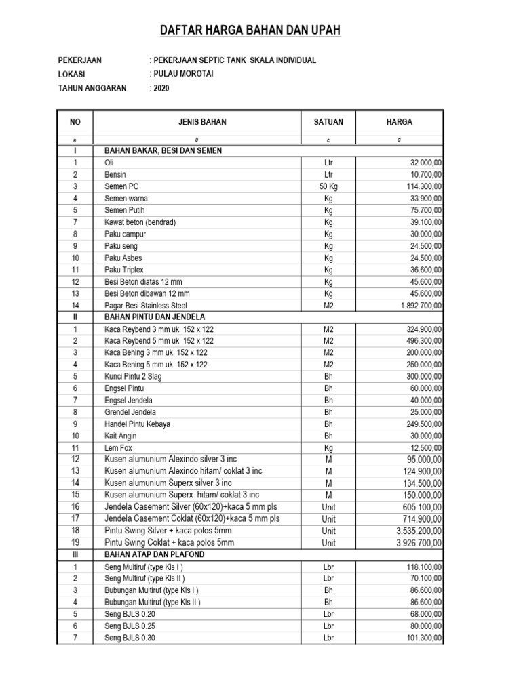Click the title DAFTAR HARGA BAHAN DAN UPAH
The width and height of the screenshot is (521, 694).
coord(250,30)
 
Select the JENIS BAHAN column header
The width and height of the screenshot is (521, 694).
coord(198,122)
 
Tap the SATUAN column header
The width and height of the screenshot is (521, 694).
coord(328,122)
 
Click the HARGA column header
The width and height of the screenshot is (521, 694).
coord(400,122)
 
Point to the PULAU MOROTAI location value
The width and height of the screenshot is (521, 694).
coord(182,74)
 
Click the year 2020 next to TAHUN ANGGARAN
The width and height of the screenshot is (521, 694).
coord(160,88)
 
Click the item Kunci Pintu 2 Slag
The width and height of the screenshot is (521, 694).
coord(133,376)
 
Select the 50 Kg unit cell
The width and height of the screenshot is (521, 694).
coord(328,186)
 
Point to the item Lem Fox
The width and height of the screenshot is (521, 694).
coord(118,447)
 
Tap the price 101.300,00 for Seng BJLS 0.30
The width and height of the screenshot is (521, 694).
coord(420,638)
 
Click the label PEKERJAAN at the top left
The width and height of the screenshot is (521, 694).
coord(80,60)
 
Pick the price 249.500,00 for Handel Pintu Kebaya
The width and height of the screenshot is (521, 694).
coord(420,424)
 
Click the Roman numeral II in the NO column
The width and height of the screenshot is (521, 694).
coord(75,317)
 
